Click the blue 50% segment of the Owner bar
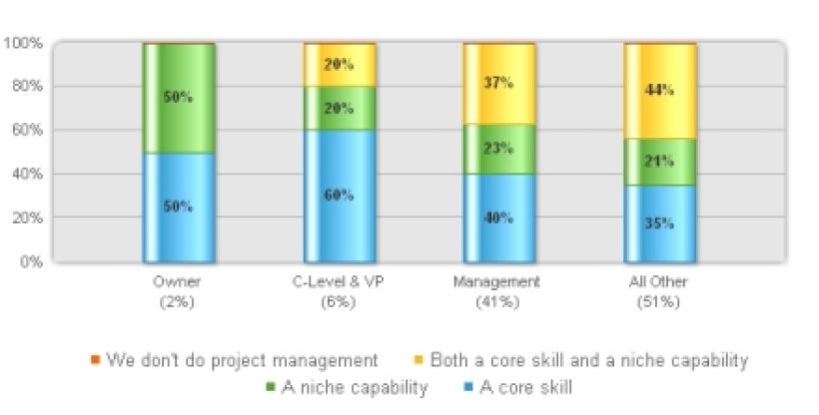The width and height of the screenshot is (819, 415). pos(179,207)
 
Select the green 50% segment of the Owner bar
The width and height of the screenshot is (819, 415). pos(179,98)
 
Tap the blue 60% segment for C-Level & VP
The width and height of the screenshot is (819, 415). pos(340,196)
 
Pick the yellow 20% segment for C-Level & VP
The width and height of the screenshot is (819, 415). pos(340,65)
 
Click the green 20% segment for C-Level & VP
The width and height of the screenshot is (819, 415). pos(340,108)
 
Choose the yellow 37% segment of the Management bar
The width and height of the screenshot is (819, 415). pos(499,84)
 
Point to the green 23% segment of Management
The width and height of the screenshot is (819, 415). pos(499,149)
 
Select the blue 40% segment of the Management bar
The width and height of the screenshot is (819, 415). pos(499,217)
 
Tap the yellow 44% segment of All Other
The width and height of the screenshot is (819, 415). pos(660,91)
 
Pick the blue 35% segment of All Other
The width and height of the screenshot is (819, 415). pos(660,223)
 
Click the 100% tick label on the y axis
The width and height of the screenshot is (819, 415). pos(22,43)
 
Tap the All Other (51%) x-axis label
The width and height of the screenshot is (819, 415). pos(660,291)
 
